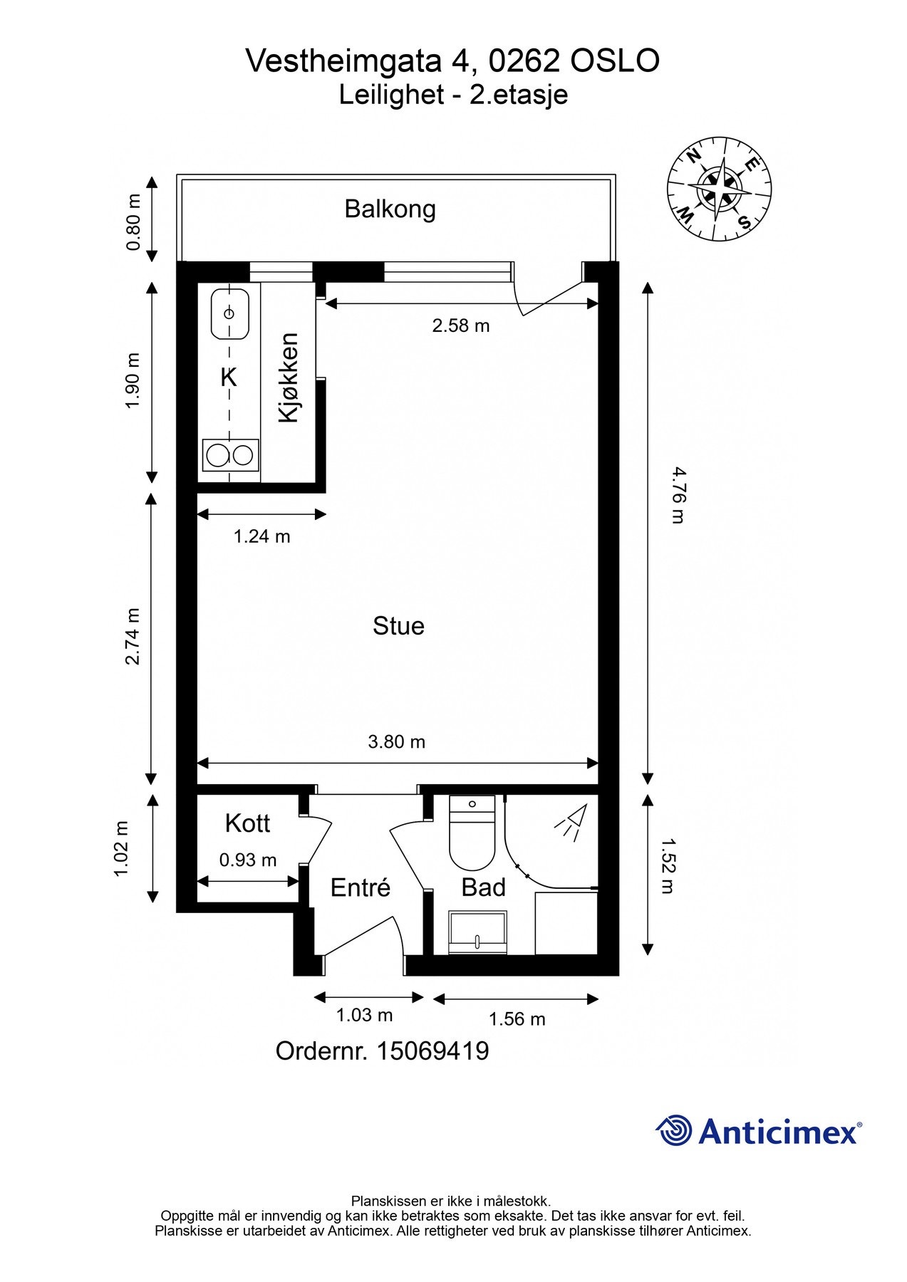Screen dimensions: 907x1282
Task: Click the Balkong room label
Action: pos(390,209)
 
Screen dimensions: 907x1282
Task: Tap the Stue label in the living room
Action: pos(398,625)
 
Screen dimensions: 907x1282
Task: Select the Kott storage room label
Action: pos(247,823)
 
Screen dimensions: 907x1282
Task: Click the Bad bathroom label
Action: pos(483,887)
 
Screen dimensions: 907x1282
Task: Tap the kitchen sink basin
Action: pos(229,313)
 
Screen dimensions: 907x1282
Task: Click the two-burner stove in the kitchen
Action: pos(230,454)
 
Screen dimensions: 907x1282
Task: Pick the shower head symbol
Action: pos(571,820)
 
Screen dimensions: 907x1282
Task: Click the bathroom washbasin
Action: pos(477,932)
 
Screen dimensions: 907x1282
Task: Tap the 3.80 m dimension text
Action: pos(396,741)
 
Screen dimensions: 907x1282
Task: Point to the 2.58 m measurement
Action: pos(461,325)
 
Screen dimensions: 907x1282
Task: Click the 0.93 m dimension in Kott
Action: pos(247,860)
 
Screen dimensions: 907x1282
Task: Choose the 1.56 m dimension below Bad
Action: pos(517,1019)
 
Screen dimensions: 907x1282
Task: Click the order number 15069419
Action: pos(432,1051)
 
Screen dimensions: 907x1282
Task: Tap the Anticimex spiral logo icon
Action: pos(674,1130)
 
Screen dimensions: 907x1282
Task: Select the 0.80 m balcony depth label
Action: pos(133,222)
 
